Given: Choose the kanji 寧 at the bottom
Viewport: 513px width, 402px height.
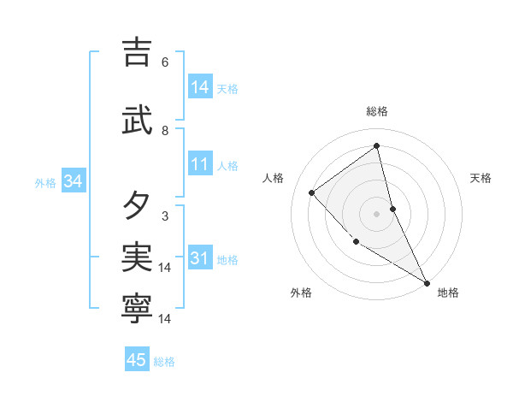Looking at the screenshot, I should pyautogui.click(x=137, y=309).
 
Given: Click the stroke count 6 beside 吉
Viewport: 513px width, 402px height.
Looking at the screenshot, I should pyautogui.click(x=165, y=62).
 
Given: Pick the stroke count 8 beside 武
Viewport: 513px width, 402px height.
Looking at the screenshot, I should pyautogui.click(x=165, y=131).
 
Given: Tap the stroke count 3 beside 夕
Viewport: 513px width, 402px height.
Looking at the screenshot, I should pyautogui.click(x=165, y=216).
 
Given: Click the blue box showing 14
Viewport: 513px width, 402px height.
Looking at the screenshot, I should pyautogui.click(x=200, y=87).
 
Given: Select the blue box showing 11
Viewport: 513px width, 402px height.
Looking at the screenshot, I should pyautogui.click(x=200, y=165).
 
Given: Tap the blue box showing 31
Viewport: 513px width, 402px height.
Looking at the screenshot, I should pyautogui.click(x=200, y=258).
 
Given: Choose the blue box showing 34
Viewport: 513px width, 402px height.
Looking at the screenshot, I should pyautogui.click(x=73, y=181).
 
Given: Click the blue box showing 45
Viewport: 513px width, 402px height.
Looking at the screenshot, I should pyautogui.click(x=137, y=360).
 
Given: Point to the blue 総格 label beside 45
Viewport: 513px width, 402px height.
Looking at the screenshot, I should pyautogui.click(x=164, y=362).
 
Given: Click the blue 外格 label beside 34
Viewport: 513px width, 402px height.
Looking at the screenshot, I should pyautogui.click(x=45, y=183).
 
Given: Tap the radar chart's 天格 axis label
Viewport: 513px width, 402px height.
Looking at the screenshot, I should pyautogui.click(x=481, y=178).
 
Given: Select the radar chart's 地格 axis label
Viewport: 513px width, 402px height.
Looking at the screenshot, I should pyautogui.click(x=448, y=293).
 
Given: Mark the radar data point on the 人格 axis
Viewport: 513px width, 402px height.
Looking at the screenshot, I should pyautogui.click(x=312, y=192).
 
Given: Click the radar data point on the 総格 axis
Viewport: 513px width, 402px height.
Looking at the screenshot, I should pyautogui.click(x=376, y=145).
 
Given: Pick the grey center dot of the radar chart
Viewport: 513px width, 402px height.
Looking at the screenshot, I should pyautogui.click(x=376, y=213).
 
